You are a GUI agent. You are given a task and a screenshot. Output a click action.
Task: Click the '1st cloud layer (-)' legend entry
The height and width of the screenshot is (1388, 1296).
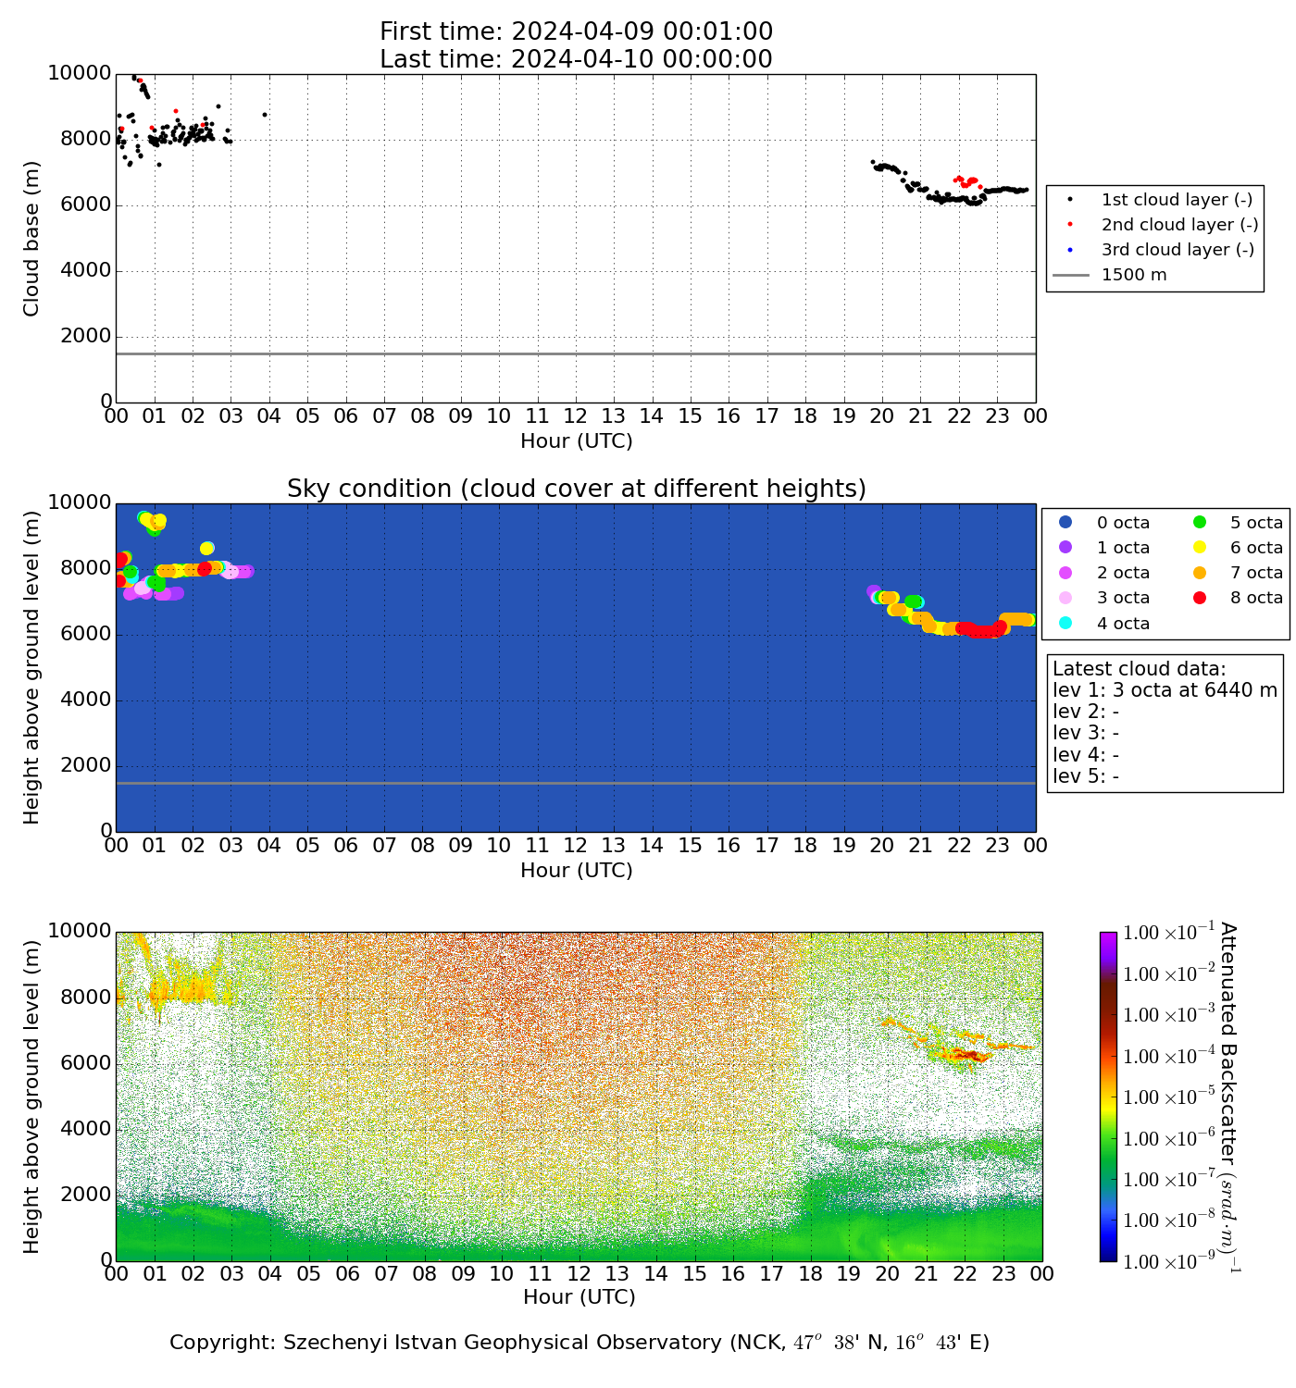[1177, 200]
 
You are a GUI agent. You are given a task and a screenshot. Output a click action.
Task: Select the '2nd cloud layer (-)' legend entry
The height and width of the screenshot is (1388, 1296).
[1179, 225]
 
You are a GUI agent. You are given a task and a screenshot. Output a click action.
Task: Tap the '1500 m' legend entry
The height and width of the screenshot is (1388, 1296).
[1134, 275]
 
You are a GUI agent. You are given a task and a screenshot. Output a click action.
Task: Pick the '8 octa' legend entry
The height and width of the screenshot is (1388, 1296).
[1256, 598]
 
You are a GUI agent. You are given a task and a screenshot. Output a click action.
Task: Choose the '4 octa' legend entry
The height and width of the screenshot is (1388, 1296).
[1123, 624]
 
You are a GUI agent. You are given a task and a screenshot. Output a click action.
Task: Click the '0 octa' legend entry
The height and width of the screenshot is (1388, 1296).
[1123, 523]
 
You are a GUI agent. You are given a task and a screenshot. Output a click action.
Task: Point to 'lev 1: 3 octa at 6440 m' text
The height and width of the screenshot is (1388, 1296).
[1165, 690]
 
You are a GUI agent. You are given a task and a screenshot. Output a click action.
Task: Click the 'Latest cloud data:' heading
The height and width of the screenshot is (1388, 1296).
[1139, 669]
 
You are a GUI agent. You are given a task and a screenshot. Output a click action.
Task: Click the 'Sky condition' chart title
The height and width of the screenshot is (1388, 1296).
[576, 489]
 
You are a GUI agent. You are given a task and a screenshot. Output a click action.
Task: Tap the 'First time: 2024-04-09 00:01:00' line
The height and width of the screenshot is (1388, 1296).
[576, 32]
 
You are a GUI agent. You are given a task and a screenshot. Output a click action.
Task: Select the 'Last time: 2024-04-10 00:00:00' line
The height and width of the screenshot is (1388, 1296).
[576, 59]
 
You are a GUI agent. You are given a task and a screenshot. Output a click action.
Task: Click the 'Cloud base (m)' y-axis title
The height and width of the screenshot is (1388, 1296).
[31, 239]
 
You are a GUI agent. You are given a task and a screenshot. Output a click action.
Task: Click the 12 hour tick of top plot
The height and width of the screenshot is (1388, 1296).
[575, 416]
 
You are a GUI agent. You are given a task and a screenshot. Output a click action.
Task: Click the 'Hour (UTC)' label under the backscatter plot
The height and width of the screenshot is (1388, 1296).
[579, 1297]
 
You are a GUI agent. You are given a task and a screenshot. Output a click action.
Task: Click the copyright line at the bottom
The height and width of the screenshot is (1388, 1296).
[579, 1343]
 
